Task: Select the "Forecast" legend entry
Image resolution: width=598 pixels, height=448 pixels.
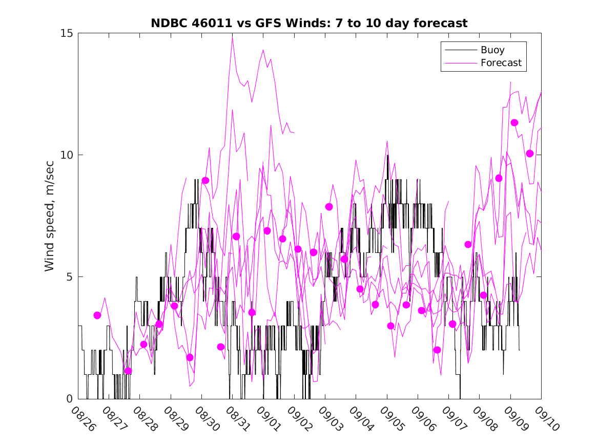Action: tap(501, 63)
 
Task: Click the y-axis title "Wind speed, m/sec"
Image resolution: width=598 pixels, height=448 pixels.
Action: tap(50, 216)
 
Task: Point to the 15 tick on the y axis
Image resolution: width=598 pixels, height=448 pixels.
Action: tap(67, 33)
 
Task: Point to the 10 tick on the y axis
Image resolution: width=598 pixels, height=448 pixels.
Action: tap(67, 155)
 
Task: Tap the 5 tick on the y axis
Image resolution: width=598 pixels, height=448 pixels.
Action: tap(70, 277)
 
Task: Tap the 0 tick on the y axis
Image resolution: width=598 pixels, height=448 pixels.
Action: tap(70, 399)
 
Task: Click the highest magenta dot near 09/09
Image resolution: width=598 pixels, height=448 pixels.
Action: tap(514, 122)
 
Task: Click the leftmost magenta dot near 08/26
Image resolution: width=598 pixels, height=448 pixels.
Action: tap(97, 315)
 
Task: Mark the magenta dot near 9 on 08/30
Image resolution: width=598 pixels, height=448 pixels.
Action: tap(205, 180)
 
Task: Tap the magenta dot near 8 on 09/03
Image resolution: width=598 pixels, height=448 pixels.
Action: tap(329, 207)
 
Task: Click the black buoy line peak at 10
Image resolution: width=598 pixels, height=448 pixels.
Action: tap(388, 155)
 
